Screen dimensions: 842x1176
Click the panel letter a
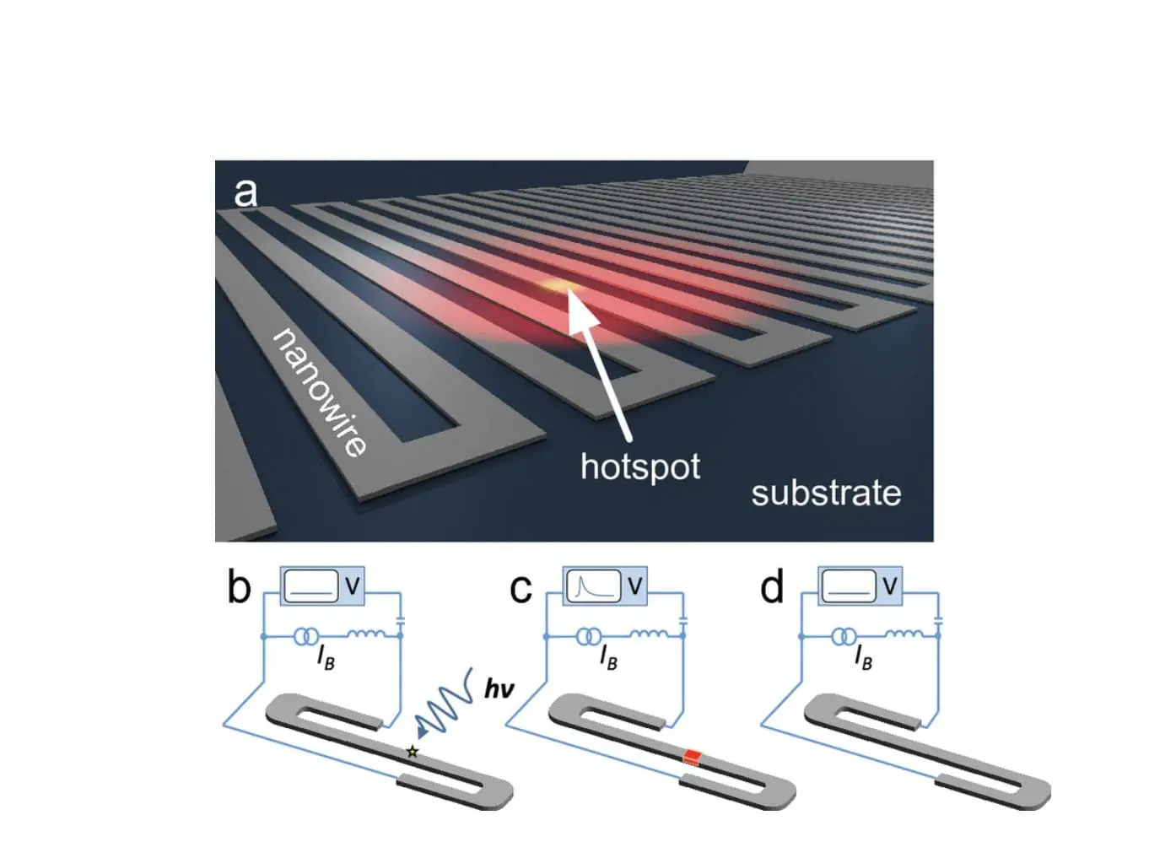click(x=245, y=192)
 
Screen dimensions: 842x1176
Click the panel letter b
click(x=239, y=587)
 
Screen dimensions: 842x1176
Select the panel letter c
click(x=521, y=588)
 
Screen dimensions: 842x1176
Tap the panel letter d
click(x=772, y=587)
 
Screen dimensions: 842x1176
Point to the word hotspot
click(x=639, y=467)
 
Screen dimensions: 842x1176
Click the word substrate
click(x=826, y=494)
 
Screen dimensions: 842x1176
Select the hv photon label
click(x=499, y=689)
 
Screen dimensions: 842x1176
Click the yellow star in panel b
click(x=413, y=751)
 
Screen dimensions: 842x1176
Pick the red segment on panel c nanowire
click(x=693, y=755)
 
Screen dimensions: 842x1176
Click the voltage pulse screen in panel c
click(x=593, y=586)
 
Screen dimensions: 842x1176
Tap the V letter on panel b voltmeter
click(x=353, y=585)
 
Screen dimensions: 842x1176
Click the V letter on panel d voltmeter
click(x=890, y=585)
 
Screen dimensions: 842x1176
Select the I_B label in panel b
click(x=325, y=657)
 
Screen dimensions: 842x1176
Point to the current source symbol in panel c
click(x=589, y=636)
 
